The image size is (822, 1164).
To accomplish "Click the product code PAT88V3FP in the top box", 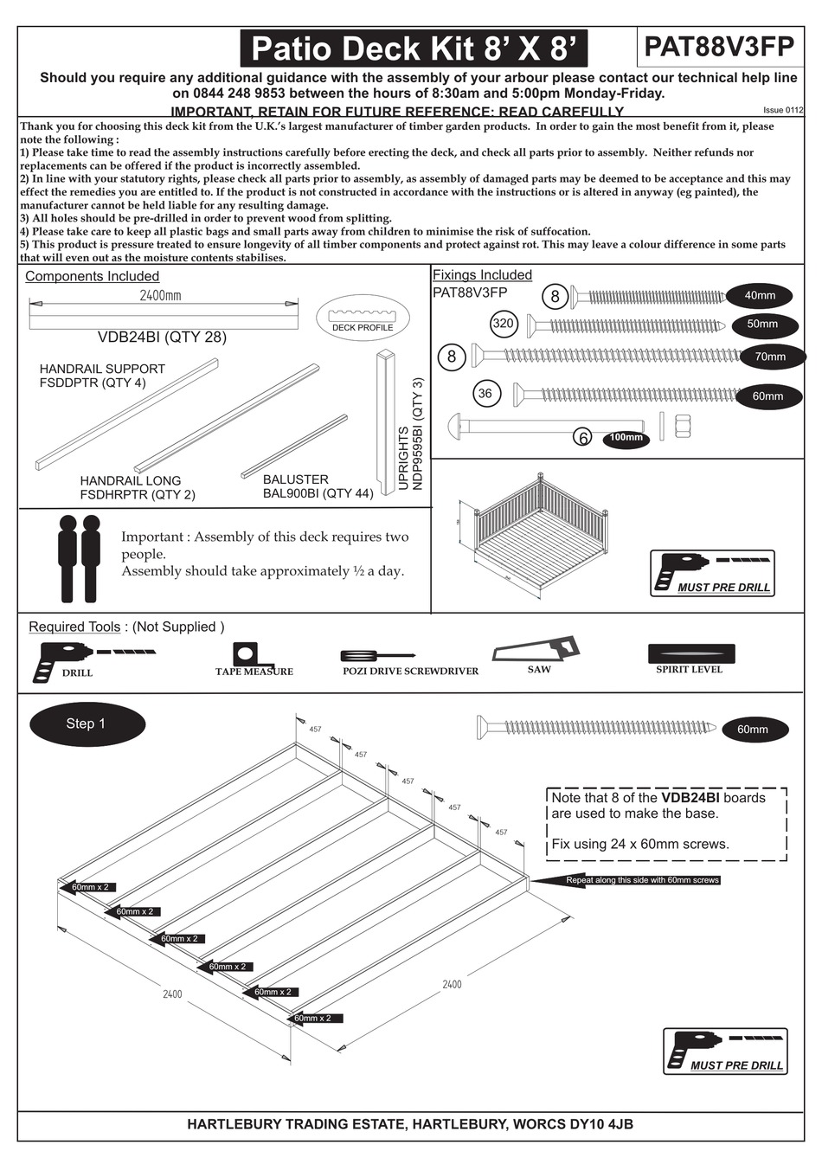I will (x=718, y=46).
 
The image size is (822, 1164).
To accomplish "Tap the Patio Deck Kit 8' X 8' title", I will (x=413, y=48).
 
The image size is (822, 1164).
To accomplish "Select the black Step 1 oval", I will (x=87, y=723).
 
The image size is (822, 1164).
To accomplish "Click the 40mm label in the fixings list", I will (x=760, y=296).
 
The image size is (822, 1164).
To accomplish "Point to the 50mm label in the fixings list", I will (x=762, y=325).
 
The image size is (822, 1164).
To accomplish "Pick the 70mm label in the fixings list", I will (x=769, y=357).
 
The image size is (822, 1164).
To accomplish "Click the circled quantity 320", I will (x=503, y=324).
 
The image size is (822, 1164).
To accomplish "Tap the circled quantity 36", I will (x=485, y=394).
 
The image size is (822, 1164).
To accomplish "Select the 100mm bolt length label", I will (x=626, y=438).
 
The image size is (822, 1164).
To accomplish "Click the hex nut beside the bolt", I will (x=680, y=425).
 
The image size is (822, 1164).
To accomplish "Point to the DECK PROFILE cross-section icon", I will (x=363, y=317).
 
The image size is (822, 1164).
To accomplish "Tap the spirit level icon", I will (x=690, y=653).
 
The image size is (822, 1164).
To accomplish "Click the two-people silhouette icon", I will (x=79, y=559).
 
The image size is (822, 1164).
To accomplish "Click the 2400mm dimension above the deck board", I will (x=161, y=296).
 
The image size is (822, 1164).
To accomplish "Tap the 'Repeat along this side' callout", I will (x=642, y=880).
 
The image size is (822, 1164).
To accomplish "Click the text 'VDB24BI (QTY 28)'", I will (x=162, y=338).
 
